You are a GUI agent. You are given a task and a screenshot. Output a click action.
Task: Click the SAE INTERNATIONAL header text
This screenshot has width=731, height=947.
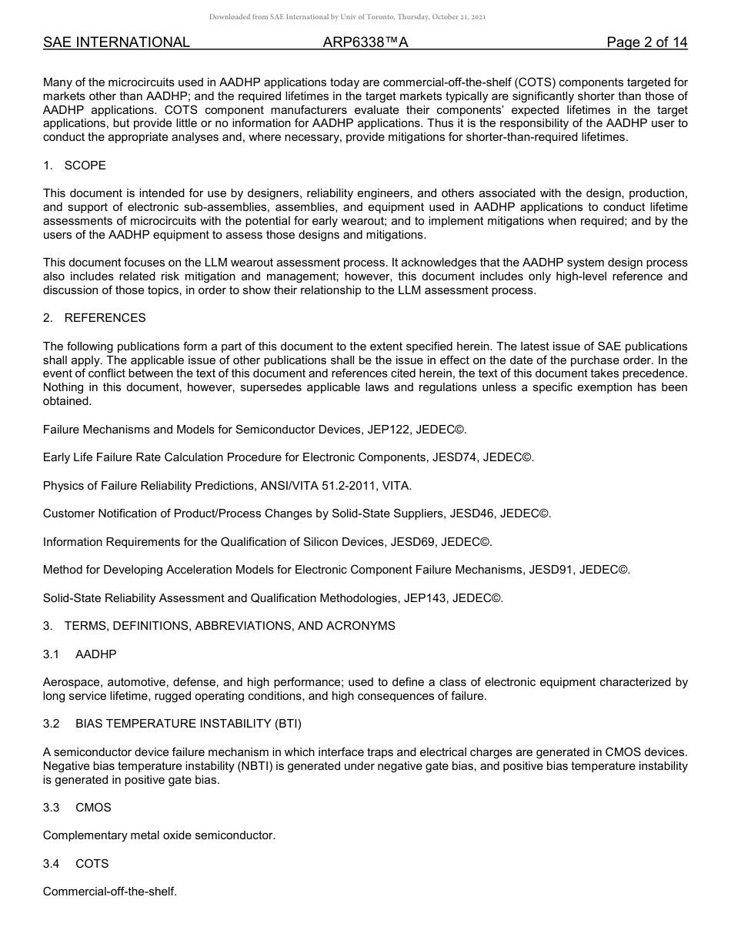(116, 42)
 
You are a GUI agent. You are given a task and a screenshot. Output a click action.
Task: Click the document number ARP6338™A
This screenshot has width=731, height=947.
(365, 42)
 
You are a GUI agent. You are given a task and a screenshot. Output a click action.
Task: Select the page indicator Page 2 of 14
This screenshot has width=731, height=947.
(646, 42)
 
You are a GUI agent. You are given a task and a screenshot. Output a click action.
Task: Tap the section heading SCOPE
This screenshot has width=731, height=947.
(85, 166)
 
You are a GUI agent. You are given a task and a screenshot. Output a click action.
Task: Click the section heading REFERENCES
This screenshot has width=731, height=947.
(105, 318)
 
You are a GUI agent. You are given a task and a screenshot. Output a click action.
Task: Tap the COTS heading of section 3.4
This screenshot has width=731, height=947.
(92, 864)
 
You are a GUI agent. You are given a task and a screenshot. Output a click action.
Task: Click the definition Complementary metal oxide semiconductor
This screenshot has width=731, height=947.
(159, 835)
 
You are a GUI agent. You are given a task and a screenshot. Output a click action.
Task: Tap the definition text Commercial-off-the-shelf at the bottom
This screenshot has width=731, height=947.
(110, 892)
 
